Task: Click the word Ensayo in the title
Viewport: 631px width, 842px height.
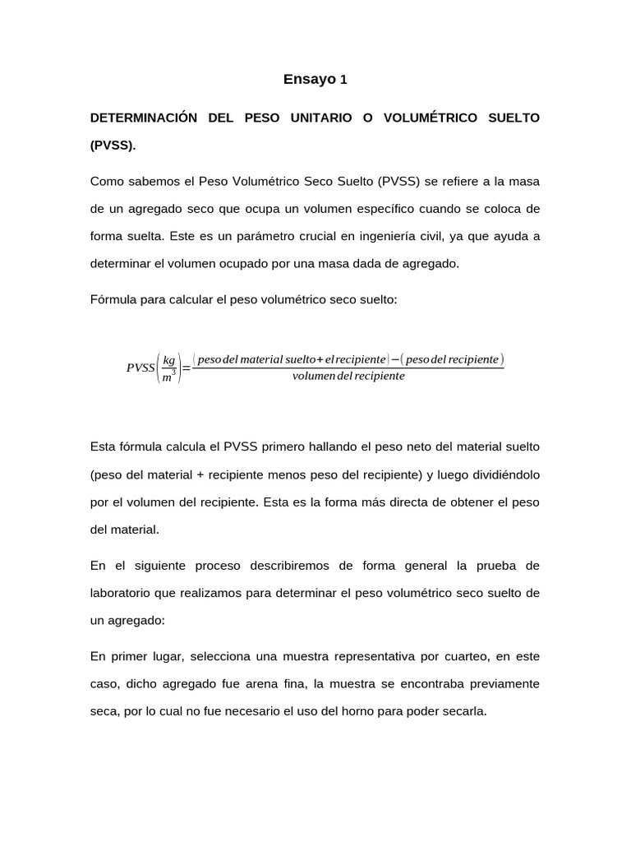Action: coord(309,80)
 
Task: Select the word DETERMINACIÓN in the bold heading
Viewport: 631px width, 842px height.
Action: coord(144,118)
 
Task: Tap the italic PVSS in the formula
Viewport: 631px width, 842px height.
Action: coord(140,368)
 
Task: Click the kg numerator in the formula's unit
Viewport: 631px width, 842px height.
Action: coord(168,360)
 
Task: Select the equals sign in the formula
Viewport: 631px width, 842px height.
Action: coord(186,368)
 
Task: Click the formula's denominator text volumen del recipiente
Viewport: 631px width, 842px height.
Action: coord(348,377)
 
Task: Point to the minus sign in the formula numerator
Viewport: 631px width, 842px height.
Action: coord(395,359)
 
